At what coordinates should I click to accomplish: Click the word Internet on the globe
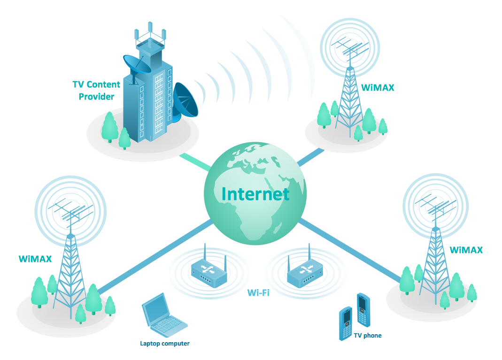pos(255,194)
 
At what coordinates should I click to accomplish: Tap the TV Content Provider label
pos(96,91)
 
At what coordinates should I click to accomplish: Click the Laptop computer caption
pos(165,344)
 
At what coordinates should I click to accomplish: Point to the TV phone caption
pos(368,336)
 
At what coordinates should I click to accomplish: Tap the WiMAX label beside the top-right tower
pos(378,87)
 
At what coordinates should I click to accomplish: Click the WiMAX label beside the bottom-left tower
pos(35,258)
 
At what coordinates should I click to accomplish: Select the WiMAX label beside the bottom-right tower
pos(466,250)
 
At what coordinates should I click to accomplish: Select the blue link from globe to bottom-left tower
pos(155,256)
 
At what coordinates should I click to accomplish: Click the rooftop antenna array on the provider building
pos(150,35)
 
